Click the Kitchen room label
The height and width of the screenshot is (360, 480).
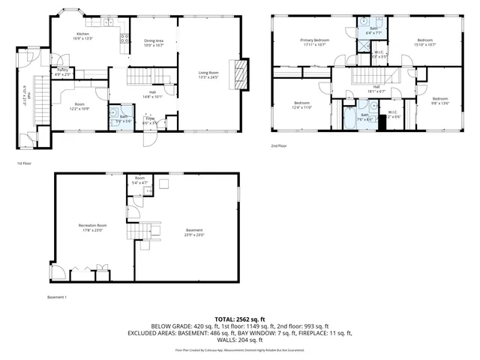click(x=82, y=36)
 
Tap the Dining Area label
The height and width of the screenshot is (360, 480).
click(x=153, y=43)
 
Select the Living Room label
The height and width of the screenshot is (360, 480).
click(x=208, y=74)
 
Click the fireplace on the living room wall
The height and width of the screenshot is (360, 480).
click(x=240, y=74)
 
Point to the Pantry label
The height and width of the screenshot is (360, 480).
click(x=63, y=72)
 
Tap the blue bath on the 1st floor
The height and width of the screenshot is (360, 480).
click(x=121, y=118)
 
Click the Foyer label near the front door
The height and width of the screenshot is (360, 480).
click(x=150, y=120)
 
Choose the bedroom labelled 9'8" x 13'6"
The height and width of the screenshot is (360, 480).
click(x=439, y=100)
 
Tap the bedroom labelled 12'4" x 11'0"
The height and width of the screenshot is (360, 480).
click(x=301, y=104)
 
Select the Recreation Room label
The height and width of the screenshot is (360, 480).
click(x=91, y=227)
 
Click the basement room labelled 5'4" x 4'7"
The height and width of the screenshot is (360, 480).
click(x=139, y=181)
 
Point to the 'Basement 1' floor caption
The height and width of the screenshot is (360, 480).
click(x=57, y=298)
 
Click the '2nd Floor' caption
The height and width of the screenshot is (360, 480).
click(x=278, y=146)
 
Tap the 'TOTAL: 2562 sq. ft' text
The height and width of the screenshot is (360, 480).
click(x=240, y=319)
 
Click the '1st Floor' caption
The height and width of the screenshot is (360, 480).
click(x=24, y=162)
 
